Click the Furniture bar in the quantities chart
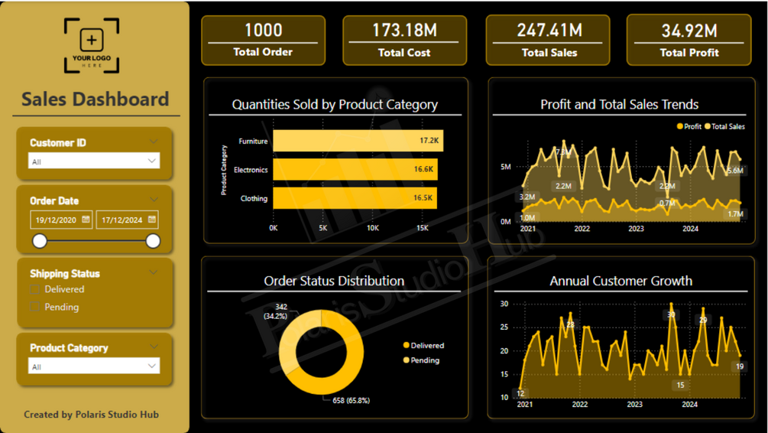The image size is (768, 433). tap(358, 141)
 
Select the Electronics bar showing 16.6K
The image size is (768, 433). tap(355, 169)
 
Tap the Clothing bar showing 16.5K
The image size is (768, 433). tap(355, 198)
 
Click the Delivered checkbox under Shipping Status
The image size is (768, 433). tap(34, 289)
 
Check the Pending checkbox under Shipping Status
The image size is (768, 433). tap(34, 307)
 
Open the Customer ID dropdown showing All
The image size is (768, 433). tap(94, 161)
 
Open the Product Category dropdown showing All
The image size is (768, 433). tap(94, 366)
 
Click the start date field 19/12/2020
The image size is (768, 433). tap(61, 220)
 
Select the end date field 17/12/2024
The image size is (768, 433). tap(127, 220)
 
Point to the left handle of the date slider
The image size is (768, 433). tap(40, 241)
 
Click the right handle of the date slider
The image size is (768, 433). tap(153, 241)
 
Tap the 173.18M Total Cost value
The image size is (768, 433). tap(404, 31)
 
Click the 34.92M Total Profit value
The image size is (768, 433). tap(689, 31)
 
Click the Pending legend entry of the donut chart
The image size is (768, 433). tap(424, 360)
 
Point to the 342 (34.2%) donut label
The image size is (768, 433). tap(276, 311)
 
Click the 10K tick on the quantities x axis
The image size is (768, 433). tap(372, 228)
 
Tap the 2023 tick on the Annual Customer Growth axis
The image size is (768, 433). tap(635, 404)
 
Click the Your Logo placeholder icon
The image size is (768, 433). tap(92, 46)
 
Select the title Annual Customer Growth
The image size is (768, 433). tap(621, 281)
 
